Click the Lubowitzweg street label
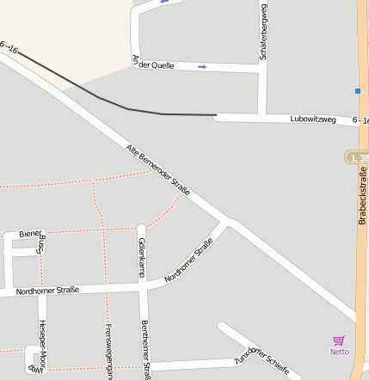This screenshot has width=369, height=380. tap(312, 119)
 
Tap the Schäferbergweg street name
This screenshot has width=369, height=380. tap(263, 31)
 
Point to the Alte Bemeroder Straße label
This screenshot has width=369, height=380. tap(157, 169)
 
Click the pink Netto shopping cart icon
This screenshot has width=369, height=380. tap(339, 341)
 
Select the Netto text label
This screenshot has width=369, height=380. tap(339, 352)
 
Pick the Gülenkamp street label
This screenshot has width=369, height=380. tap(142, 258)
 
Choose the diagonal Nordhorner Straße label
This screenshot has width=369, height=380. tap(188, 260)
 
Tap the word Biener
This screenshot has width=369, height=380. tap(30, 234)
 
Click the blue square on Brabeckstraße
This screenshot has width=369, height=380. tap(357, 90)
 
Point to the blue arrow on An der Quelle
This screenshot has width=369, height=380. tap(202, 66)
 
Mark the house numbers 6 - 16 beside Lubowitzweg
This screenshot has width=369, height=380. tap(360, 121)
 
